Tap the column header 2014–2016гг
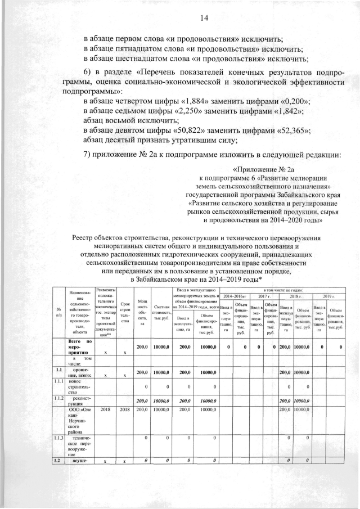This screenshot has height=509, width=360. (x=235, y=296)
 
